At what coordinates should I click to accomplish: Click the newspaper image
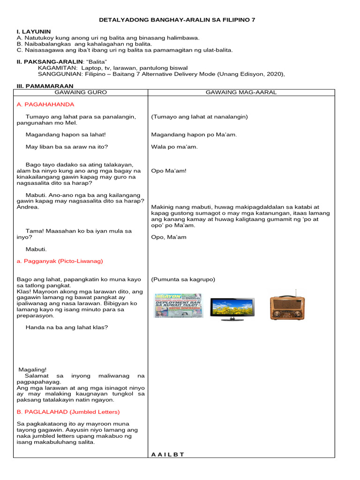178,306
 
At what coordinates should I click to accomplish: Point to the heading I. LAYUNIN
33,31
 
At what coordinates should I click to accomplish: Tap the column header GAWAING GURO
81,92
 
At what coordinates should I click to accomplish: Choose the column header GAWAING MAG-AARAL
241,92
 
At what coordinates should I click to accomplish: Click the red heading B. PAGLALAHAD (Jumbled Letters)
68,412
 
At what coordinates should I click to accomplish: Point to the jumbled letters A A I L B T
168,454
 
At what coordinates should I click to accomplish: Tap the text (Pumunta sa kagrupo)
183,279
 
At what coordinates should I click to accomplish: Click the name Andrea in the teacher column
28,207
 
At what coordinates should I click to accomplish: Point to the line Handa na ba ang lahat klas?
67,327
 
